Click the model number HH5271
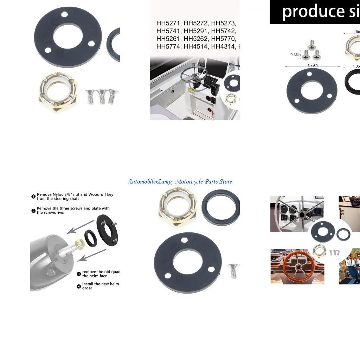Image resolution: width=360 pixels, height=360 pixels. [168, 24]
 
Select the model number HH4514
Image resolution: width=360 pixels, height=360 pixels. [196, 46]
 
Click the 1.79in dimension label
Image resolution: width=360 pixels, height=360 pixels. [312, 65]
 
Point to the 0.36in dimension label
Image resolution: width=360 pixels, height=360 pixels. [295, 54]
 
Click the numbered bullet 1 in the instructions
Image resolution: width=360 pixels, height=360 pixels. [33, 197]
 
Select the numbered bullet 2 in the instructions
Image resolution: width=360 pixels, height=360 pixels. [33, 211]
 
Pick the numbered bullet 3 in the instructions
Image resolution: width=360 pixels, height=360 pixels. [79, 274]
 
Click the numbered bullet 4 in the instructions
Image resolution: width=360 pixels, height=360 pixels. [79, 286]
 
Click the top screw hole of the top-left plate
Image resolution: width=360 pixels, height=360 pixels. [64, 15]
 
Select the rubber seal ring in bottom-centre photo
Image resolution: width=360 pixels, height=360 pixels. [221, 207]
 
